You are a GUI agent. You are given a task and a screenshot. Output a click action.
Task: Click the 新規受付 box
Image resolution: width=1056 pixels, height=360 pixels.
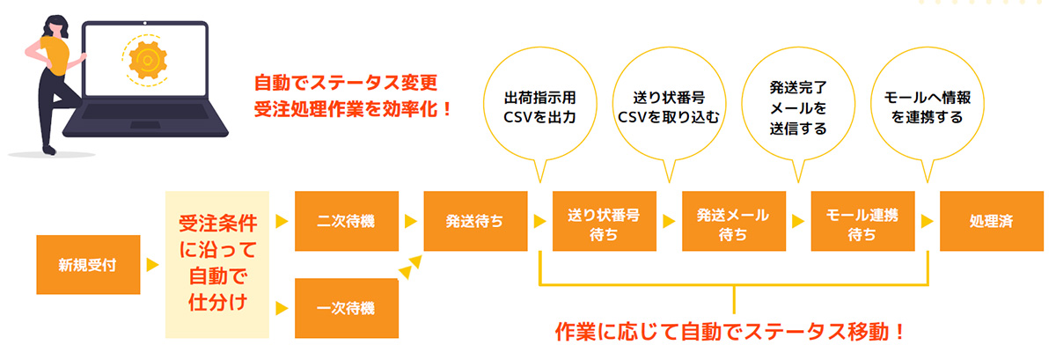coord(87,263)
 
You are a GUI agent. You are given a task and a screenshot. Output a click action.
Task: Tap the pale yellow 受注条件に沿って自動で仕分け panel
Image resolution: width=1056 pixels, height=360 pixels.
coord(216,263)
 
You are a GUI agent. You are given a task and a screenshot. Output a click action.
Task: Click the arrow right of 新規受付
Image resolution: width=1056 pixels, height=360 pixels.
coord(152,264)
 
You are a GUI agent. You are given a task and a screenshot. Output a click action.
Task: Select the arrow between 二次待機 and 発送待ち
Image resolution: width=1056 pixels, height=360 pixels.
coord(410,221)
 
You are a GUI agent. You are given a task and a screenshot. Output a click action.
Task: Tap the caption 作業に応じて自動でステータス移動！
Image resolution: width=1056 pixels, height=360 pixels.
coord(730,333)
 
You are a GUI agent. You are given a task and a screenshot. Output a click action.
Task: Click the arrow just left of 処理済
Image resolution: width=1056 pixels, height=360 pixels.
coord(927,221)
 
